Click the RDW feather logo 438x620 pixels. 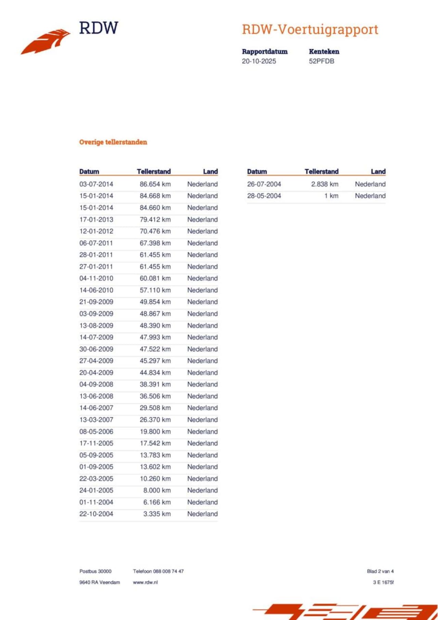[46, 41]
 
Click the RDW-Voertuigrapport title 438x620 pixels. [310, 30]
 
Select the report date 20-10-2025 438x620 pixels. [259, 61]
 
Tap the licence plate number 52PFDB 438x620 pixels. [321, 61]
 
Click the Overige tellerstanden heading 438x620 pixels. [113, 142]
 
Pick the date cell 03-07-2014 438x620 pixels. [96, 184]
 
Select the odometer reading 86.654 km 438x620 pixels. [155, 184]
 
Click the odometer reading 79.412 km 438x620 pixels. [155, 219]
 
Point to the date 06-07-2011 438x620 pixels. [96, 243]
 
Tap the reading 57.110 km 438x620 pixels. [155, 290]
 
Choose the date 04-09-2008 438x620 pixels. [96, 384]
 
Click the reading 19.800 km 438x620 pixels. [155, 431]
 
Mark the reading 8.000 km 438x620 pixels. [157, 490]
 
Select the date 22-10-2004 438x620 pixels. [96, 514]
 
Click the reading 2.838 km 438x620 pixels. [324, 184]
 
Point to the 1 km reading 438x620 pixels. [331, 196]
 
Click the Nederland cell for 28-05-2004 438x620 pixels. [370, 196]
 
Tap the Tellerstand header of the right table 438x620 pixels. [321, 171]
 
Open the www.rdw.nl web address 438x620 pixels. [145, 582]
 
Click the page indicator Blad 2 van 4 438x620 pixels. [380, 571]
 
